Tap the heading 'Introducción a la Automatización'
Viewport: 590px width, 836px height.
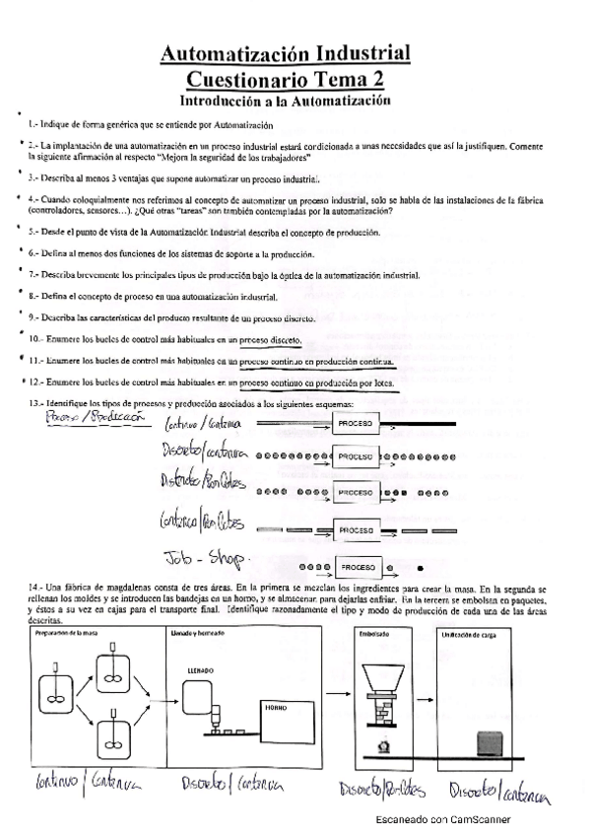coord(286,100)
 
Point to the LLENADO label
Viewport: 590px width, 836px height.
coord(200,669)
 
